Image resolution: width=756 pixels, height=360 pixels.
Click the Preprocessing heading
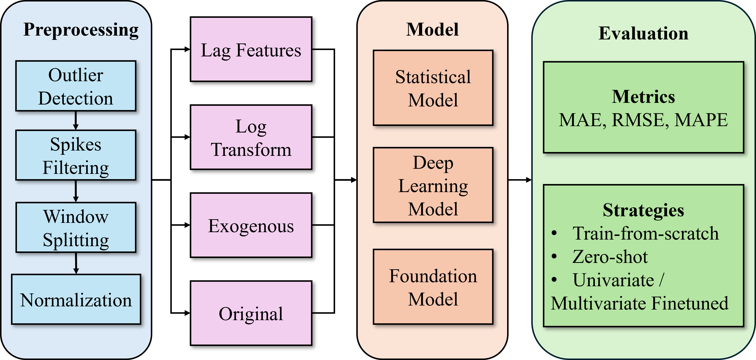click(x=81, y=30)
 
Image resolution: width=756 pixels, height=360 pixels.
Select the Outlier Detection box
click(x=76, y=86)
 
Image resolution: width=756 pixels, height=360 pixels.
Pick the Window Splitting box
click(x=76, y=227)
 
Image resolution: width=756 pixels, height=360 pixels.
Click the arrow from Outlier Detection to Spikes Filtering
click(x=76, y=121)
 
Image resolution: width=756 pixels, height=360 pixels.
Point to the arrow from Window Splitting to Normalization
click(x=76, y=263)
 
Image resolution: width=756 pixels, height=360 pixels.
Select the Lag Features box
click(x=251, y=49)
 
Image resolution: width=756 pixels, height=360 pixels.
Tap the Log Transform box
click(x=251, y=137)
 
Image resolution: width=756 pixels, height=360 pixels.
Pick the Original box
click(x=251, y=313)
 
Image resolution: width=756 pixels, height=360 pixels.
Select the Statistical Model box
click(x=433, y=88)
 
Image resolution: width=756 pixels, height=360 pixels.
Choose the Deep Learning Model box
click(x=433, y=185)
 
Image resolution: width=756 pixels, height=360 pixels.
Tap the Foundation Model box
click(x=433, y=287)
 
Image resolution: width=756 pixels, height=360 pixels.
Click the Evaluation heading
click(x=643, y=33)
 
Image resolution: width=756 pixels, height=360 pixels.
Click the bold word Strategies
click(x=643, y=210)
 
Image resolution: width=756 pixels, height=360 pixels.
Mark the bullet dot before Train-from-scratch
click(x=554, y=233)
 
